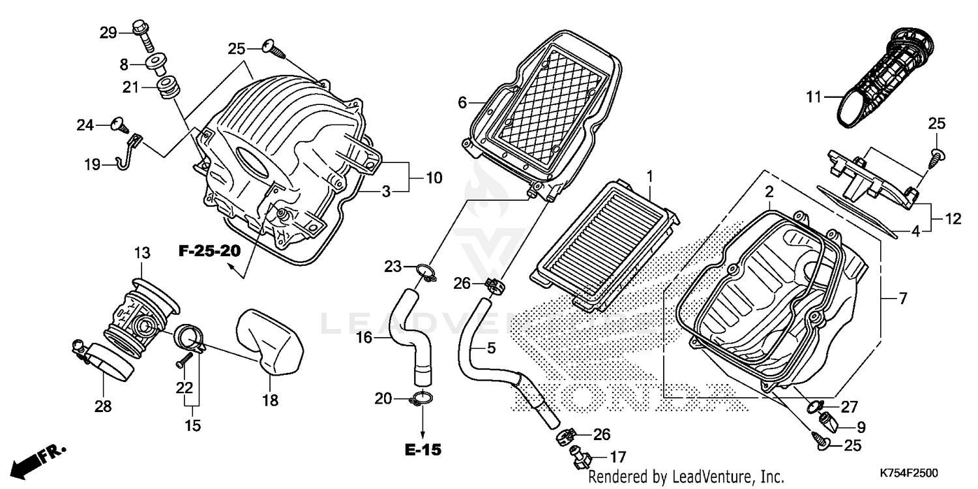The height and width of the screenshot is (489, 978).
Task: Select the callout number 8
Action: coord(124,64)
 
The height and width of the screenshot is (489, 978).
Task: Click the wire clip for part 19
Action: coord(130,152)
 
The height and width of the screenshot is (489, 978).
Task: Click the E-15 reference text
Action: coord(422,449)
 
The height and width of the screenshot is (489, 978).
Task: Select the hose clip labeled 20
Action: coord(422,398)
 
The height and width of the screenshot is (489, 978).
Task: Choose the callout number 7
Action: coord(902,299)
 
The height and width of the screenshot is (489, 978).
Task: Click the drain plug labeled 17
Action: coord(579,458)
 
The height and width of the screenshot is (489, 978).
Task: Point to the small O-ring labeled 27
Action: coord(815,407)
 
